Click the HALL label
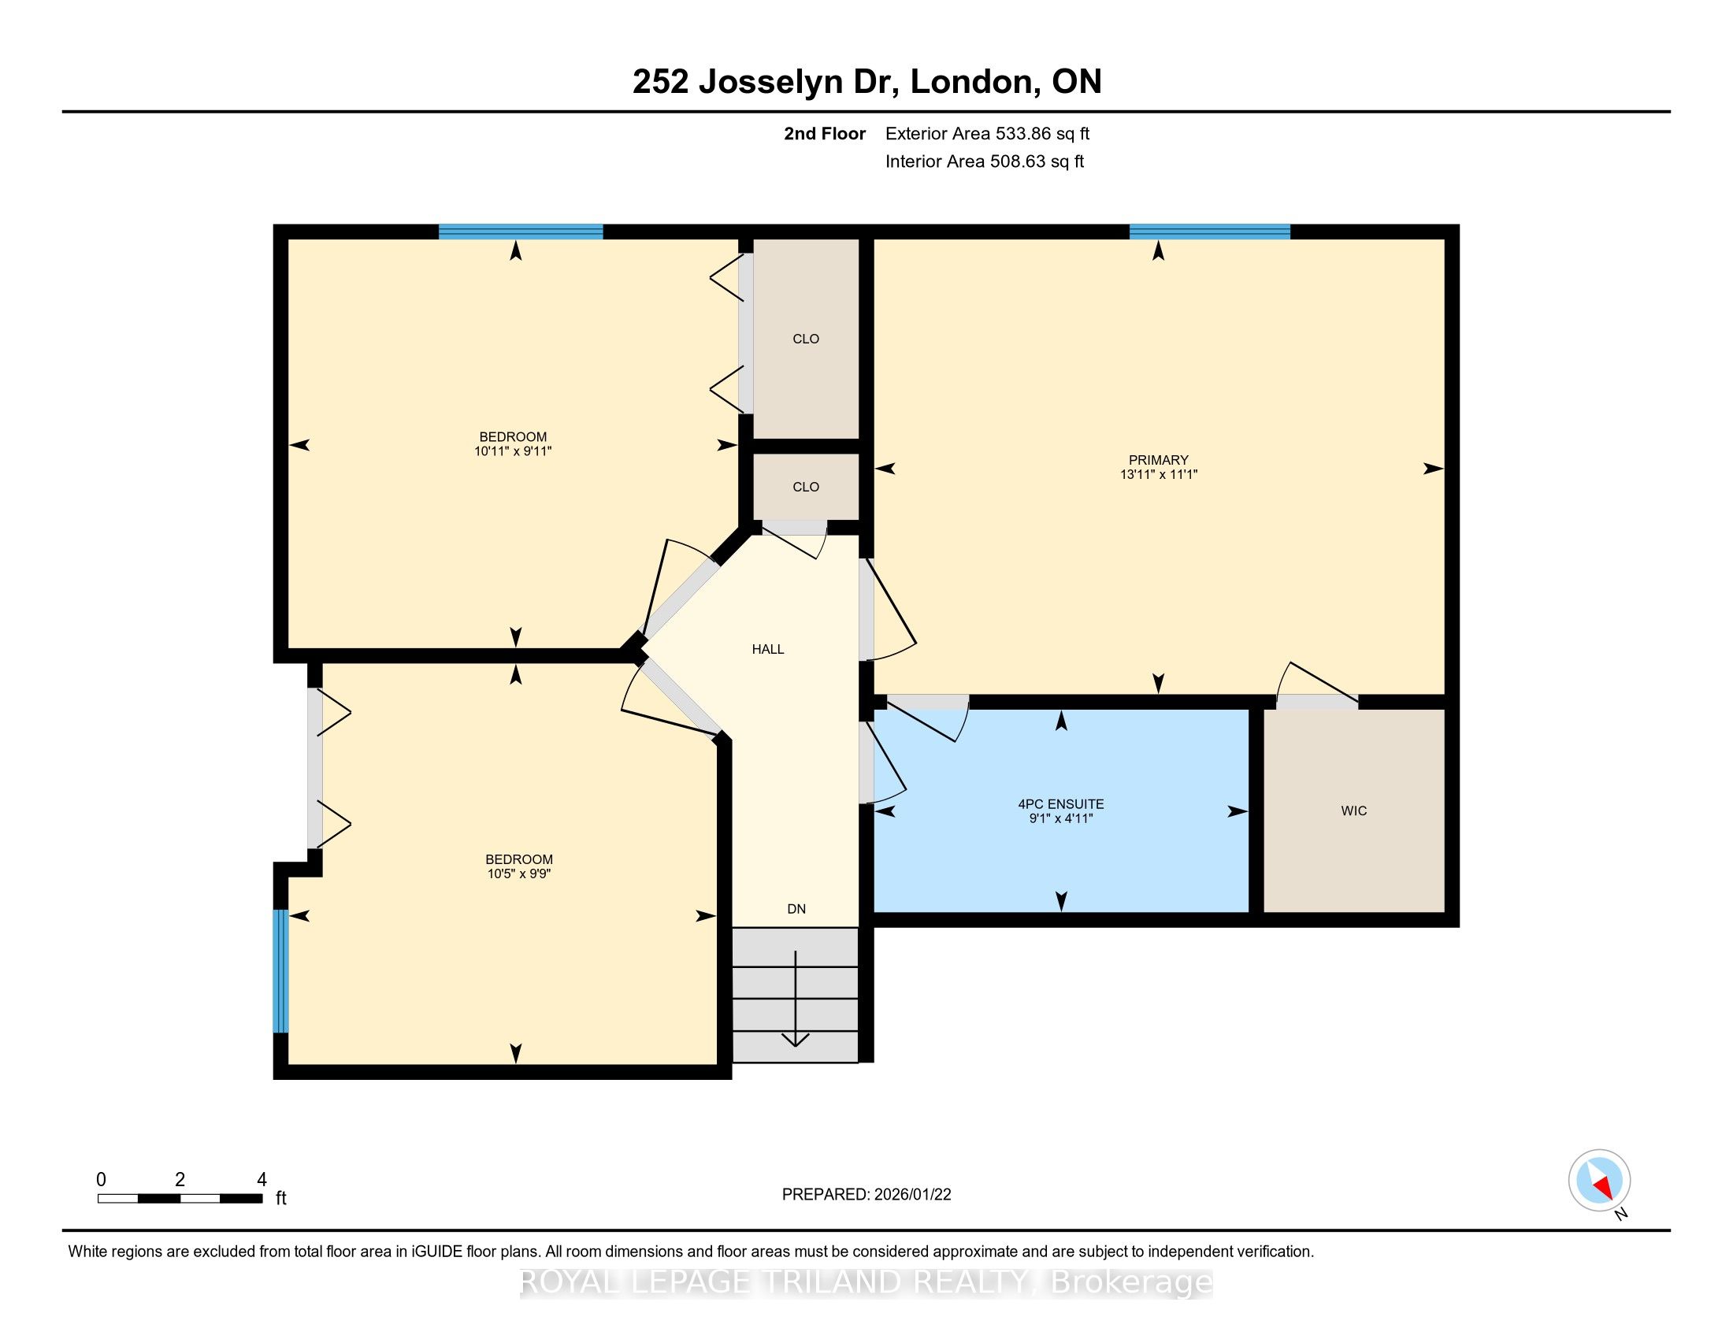click(767, 649)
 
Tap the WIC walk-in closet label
click(1353, 810)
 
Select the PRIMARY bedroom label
click(1159, 460)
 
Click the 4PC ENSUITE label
click(1061, 803)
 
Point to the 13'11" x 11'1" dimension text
click(1159, 474)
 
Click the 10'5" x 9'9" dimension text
click(519, 874)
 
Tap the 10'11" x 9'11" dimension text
click(513, 451)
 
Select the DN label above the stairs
click(796, 909)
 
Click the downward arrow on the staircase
click(795, 998)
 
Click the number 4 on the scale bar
click(262, 1180)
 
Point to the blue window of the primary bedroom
click(1209, 232)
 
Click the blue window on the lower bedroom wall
click(280, 971)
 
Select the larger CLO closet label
click(805, 339)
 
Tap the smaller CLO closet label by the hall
click(805, 487)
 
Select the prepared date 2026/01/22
click(911, 1195)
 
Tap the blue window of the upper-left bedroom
click(521, 232)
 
